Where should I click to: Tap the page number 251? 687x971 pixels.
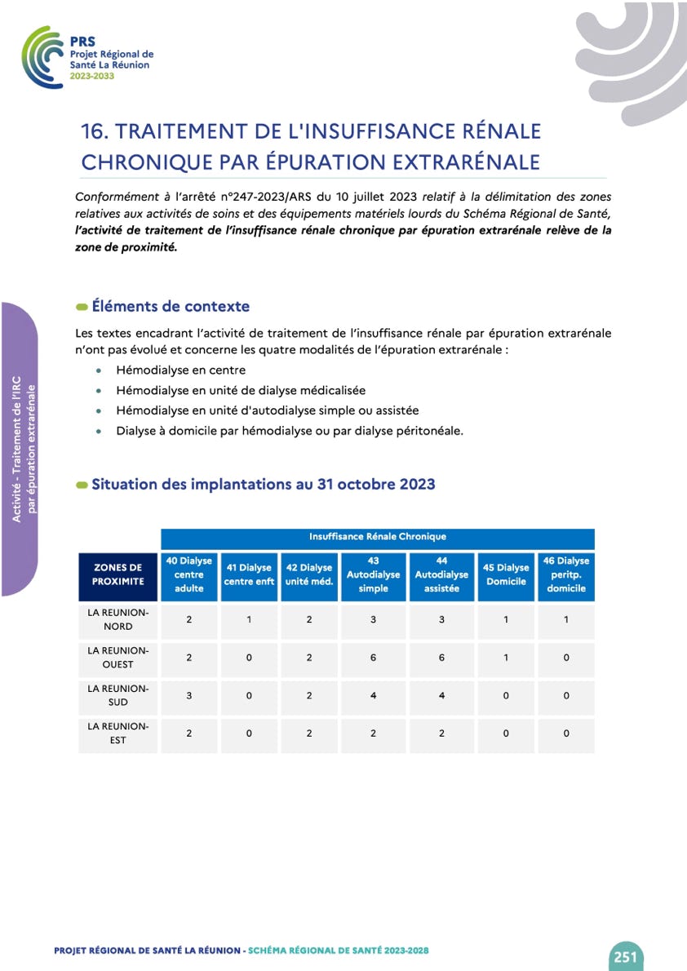[x=625, y=956]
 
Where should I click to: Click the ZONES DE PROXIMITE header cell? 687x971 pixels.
[x=118, y=574]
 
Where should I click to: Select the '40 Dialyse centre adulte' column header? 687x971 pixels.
[x=189, y=574]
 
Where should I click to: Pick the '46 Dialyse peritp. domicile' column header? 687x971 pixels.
[x=566, y=574]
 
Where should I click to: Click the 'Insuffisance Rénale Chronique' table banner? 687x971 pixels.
[x=377, y=537]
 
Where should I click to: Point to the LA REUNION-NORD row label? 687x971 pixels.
[x=118, y=619]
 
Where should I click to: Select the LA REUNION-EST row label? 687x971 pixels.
[x=118, y=733]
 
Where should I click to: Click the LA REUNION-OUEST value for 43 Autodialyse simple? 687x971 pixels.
[x=373, y=658]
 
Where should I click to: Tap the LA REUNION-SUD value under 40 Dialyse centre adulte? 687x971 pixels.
[x=189, y=695]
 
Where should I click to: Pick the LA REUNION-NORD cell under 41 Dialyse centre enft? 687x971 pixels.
[x=249, y=619]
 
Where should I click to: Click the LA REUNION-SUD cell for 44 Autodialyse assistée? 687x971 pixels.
[x=441, y=695]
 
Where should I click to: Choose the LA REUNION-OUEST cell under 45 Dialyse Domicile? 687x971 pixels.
[x=506, y=658]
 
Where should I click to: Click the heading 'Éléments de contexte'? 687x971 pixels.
[x=171, y=307]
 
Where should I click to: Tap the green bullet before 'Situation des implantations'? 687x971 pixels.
[x=82, y=485]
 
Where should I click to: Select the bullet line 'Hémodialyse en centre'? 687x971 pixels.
[x=180, y=370]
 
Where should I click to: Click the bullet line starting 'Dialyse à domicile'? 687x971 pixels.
[x=289, y=431]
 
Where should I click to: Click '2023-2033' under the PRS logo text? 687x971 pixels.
[x=92, y=76]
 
